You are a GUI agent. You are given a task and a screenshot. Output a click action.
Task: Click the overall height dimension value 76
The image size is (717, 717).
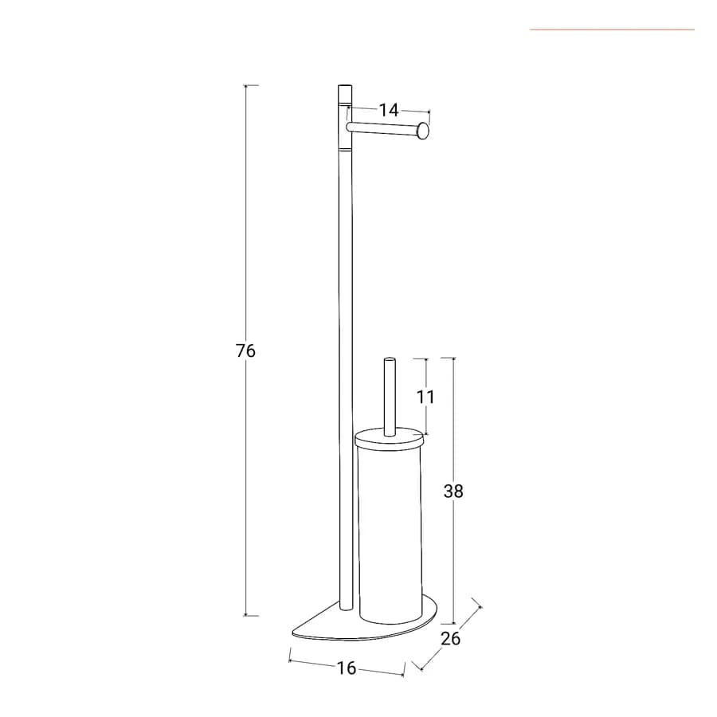245,351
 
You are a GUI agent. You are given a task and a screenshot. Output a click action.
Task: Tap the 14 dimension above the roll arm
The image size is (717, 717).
389,110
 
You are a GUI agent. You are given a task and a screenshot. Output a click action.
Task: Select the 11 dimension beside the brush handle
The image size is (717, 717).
425,397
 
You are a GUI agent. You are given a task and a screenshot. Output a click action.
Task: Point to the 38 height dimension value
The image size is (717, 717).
453,491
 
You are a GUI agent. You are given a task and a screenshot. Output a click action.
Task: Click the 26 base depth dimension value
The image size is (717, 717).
450,638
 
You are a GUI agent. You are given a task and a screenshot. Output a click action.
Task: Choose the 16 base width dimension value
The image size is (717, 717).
347,668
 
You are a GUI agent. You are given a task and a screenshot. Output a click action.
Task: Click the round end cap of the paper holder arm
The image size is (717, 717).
424,131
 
